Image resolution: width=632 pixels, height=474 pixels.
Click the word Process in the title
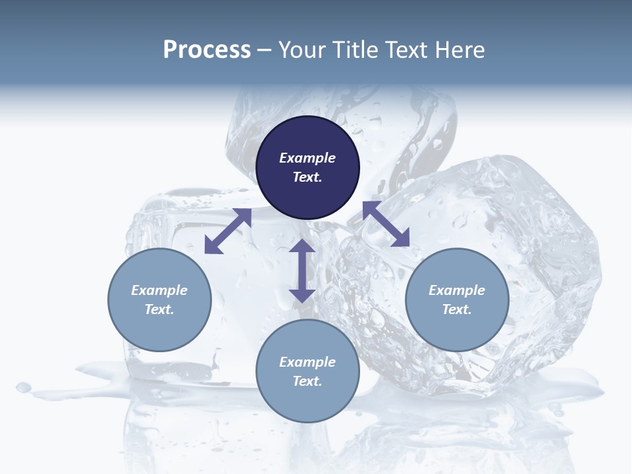[207, 50]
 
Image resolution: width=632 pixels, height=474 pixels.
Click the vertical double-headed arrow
[302, 271]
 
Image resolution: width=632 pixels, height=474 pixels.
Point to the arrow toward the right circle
[386, 224]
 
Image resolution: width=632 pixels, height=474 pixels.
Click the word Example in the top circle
[307, 158]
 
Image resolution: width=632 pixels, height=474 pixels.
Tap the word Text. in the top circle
[307, 177]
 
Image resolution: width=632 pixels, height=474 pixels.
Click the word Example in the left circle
[159, 290]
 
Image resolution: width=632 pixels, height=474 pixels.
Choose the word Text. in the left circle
[159, 309]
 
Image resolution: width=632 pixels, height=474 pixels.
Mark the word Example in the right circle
[457, 290]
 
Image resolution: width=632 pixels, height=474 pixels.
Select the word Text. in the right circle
[457, 309]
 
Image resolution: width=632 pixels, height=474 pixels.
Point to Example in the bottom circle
[307, 362]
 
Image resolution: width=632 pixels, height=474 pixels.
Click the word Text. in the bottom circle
[307, 381]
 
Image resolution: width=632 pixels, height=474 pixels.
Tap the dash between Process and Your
[264, 51]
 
